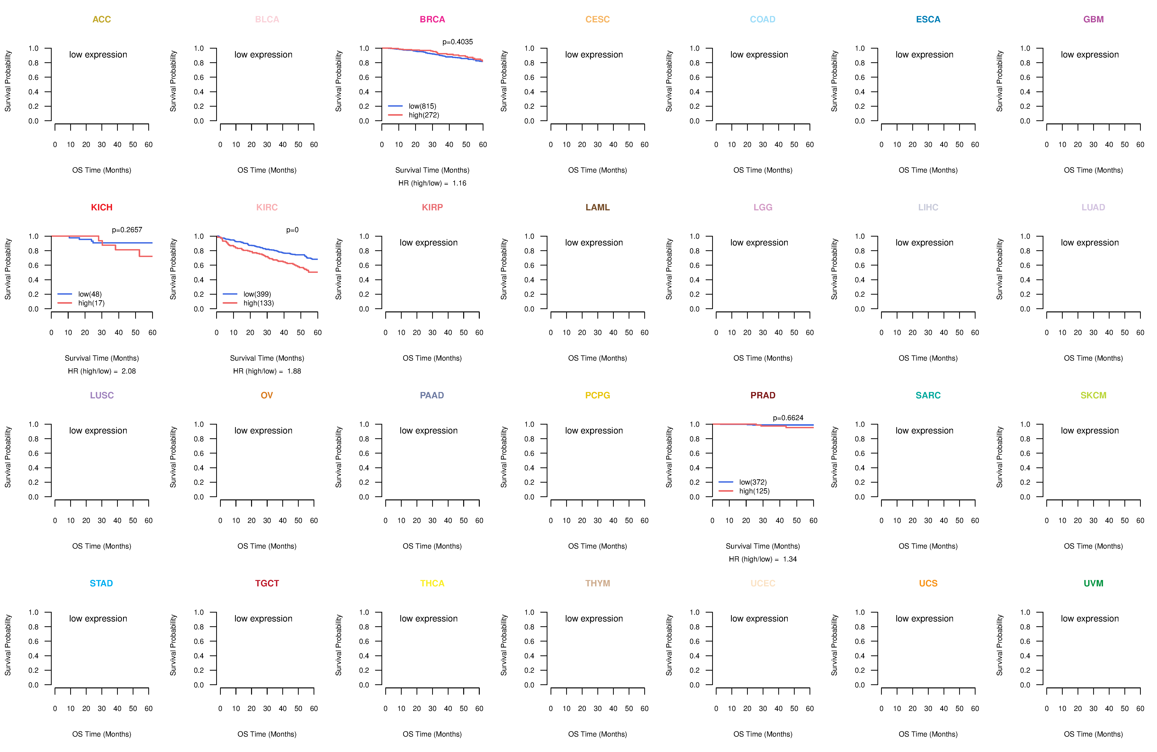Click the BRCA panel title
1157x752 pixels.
coord(432,19)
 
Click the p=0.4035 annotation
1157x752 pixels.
coord(457,42)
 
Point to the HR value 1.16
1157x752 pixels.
coord(459,183)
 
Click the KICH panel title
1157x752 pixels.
coord(102,207)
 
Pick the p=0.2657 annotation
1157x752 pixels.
coord(127,230)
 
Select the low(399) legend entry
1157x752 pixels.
coord(257,294)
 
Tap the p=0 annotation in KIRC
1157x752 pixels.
coord(292,230)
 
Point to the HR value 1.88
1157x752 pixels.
coord(294,371)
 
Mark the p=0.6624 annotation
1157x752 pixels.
coord(788,418)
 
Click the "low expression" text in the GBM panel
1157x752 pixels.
coord(1090,54)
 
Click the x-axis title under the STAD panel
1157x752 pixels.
coord(102,734)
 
